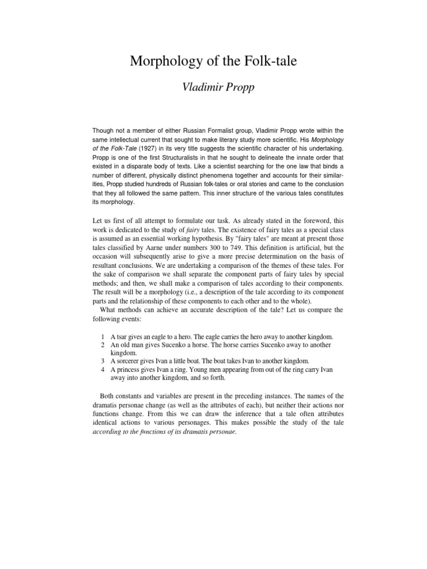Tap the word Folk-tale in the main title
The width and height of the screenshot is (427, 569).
(271, 62)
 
